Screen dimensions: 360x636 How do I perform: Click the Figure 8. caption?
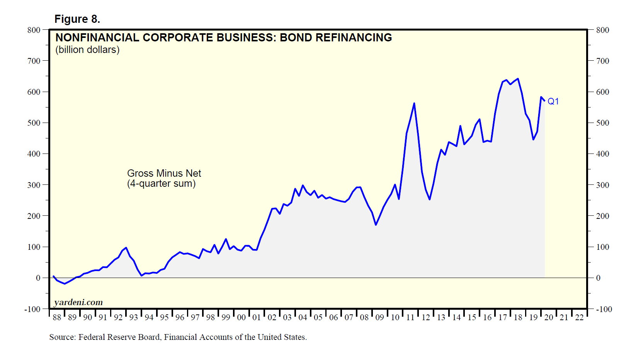coord(77,19)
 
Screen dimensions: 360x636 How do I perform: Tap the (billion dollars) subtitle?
coord(87,50)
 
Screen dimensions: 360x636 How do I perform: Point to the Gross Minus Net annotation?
coord(164,173)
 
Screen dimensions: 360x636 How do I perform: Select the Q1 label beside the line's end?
coord(553,101)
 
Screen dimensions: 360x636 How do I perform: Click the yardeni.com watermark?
coord(78,302)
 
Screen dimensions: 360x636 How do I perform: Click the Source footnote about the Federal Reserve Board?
coord(178,337)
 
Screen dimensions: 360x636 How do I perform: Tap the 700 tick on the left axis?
coord(34,61)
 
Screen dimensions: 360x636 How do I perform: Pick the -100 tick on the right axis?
coord(604,309)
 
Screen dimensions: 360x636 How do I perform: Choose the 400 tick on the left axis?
coord(34,154)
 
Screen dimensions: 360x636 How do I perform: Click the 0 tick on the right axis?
coord(598,278)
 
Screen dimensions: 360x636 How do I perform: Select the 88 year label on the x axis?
coord(57,317)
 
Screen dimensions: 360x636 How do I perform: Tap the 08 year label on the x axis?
coord(364,317)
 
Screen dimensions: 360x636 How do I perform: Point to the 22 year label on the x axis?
coord(579,317)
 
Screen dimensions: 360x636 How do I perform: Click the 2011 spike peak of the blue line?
coord(414,103)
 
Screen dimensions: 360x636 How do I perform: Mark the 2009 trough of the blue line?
coord(376,225)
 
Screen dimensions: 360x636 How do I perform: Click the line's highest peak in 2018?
coord(518,79)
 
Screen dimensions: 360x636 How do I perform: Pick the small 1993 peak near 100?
coord(126,248)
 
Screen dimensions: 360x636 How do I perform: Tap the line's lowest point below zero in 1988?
coord(65,284)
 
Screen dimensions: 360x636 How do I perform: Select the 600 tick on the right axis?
coord(602,92)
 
